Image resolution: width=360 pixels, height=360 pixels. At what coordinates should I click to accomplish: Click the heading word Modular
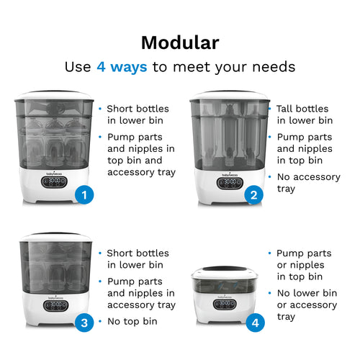pos(179,42)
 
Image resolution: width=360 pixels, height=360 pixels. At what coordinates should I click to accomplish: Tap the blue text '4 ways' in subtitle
pos(122,67)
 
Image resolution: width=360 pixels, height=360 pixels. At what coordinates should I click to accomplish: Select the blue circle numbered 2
pos(253,195)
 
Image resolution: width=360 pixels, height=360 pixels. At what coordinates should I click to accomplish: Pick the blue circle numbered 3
pos(84,323)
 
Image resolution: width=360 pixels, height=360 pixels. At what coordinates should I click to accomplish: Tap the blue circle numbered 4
pos(253,323)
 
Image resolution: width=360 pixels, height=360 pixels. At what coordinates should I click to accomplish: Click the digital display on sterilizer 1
pos(55,183)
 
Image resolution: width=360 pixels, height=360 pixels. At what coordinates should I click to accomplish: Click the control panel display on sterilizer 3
pos(55,305)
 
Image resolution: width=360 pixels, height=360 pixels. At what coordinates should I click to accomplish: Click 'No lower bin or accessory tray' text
pos(306,305)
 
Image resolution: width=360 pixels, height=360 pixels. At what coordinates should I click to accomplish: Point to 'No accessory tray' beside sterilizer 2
pos(304,182)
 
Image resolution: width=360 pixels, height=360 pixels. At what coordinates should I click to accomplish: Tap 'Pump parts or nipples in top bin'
pos(304,265)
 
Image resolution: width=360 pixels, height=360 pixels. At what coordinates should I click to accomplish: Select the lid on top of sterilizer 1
pos(55,95)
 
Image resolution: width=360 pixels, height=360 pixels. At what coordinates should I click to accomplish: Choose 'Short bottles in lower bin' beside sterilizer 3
pos(138,259)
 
